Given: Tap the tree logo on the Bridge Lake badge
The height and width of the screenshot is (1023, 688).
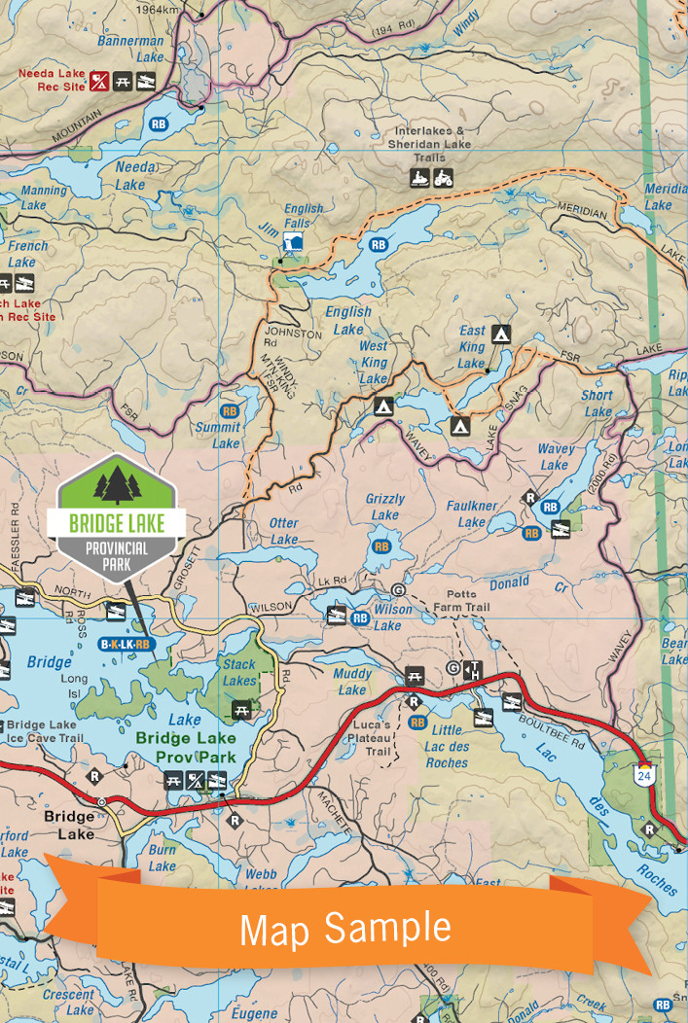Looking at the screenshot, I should point(117,484).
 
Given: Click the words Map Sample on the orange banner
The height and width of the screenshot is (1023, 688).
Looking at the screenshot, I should point(345,929).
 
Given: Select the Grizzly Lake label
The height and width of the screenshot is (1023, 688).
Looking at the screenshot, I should point(385,507).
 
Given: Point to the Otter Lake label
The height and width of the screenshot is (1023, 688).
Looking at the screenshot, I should point(284,531).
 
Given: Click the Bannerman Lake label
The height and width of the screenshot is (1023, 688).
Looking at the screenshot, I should point(136,49).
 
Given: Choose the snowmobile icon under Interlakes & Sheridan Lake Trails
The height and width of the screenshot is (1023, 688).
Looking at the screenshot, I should point(419,178).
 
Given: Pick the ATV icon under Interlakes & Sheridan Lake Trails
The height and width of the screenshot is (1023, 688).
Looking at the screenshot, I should point(443,178).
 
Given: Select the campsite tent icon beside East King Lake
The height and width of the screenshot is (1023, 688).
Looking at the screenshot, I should point(501,335).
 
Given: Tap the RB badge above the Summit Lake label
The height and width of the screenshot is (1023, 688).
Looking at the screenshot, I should point(230,411).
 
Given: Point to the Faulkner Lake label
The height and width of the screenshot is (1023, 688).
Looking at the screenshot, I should point(472,513).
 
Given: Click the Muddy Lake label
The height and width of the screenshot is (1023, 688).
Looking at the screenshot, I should point(352,682).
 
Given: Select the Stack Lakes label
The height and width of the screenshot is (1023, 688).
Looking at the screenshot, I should point(239,673).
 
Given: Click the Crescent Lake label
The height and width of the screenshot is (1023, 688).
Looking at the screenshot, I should point(67,1003).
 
